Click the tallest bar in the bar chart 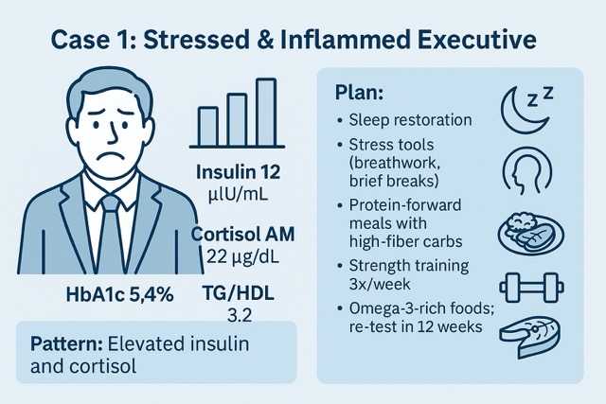click(x=266, y=112)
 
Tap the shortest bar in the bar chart click(x=208, y=125)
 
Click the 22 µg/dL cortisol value click(x=240, y=255)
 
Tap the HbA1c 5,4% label click(x=119, y=294)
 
